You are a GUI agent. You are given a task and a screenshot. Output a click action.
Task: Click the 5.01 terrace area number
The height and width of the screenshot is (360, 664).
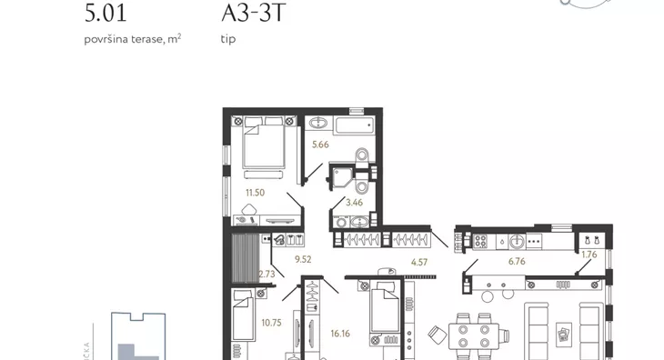106,14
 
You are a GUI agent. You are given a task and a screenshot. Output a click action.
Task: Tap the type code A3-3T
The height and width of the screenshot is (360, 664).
254,13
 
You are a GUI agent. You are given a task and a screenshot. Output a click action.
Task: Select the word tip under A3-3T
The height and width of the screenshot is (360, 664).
227,39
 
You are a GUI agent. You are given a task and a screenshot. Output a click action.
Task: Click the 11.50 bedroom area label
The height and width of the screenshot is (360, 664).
255,193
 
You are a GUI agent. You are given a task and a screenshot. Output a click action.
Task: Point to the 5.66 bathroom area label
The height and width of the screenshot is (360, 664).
320,145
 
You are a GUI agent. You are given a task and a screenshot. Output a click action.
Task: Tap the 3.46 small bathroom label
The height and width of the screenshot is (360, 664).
354,203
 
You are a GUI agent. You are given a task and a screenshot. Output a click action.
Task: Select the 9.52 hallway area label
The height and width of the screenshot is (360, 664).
303,259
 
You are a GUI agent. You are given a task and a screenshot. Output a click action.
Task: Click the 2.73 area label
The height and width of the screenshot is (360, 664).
267,275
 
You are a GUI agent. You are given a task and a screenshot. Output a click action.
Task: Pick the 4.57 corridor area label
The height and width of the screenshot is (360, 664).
419,263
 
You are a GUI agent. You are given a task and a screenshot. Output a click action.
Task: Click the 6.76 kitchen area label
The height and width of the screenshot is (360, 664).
517,262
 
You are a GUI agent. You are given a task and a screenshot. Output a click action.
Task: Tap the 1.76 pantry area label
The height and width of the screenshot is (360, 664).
589,255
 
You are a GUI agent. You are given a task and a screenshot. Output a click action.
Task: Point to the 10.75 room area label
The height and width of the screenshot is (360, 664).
271,324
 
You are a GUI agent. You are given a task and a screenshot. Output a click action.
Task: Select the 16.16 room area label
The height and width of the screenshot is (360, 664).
340,334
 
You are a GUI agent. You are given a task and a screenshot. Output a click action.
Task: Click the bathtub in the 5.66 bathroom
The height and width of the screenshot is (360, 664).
354,125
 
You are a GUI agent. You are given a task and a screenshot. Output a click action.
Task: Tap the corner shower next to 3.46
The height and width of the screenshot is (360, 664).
342,176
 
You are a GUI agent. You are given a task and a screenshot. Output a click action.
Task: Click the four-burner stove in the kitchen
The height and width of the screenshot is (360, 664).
480,242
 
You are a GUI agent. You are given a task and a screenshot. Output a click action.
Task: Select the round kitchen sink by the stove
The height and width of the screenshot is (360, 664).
517,242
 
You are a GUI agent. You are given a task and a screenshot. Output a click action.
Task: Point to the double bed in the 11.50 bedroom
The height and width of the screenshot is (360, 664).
264,144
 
